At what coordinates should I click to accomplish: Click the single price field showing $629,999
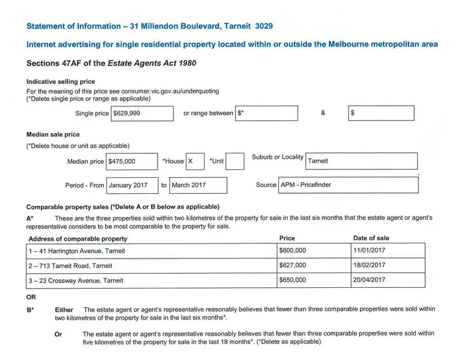click(x=142, y=113)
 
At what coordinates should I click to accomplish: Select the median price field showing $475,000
click(x=131, y=161)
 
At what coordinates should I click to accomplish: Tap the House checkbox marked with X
click(x=195, y=161)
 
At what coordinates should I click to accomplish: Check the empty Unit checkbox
click(x=235, y=161)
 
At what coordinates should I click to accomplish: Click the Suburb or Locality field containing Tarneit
click(x=361, y=161)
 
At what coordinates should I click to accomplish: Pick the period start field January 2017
click(x=133, y=185)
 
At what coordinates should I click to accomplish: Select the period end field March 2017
click(x=198, y=185)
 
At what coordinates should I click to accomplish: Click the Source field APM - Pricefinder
click(x=348, y=185)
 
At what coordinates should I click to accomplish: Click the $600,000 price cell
click(x=313, y=251)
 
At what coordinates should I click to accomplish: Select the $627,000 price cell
click(x=313, y=266)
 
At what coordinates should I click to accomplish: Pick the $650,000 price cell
click(x=313, y=281)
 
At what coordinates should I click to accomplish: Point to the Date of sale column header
click(x=371, y=238)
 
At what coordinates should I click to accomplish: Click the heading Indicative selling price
click(x=60, y=82)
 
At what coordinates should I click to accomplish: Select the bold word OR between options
click(x=31, y=297)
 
